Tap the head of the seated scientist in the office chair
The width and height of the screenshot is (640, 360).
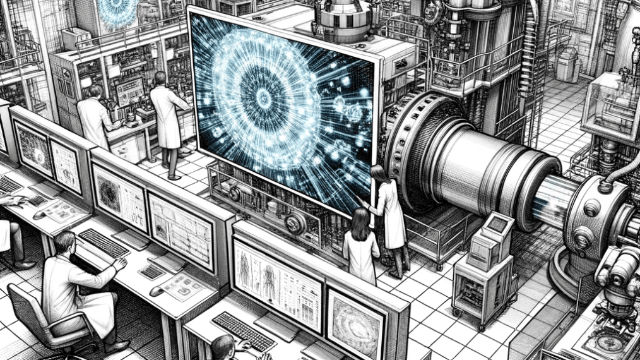point(64,243)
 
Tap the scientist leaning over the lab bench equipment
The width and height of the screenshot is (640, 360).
point(95,117)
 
